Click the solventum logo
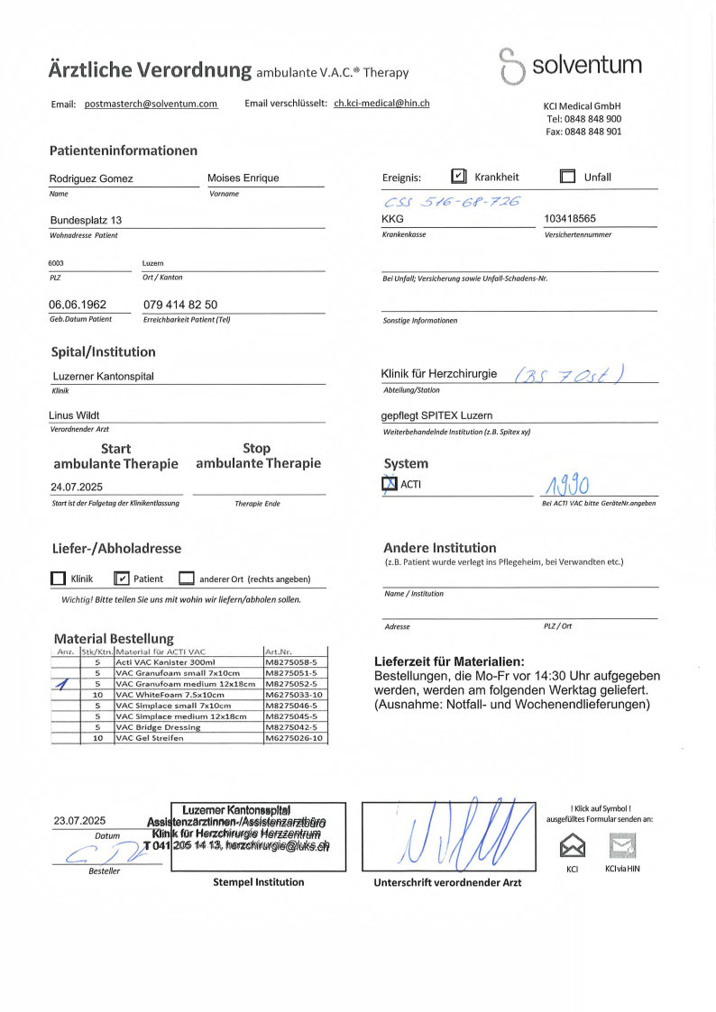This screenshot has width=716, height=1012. click(x=570, y=66)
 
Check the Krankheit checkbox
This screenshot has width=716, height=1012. click(x=458, y=177)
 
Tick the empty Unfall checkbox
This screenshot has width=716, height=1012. click(x=567, y=177)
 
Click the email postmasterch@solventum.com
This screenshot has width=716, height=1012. click(x=151, y=104)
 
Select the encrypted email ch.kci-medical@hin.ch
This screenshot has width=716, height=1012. click(x=381, y=103)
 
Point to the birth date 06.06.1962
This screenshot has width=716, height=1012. click(x=78, y=305)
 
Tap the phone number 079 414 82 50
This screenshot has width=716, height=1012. click(x=180, y=305)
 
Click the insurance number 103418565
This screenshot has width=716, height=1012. click(x=570, y=219)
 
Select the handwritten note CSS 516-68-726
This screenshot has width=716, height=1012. click(x=452, y=202)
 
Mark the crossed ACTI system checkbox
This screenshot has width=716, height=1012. click(x=390, y=485)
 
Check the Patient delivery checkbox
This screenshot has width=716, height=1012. click(x=123, y=579)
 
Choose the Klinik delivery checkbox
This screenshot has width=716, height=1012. click(x=59, y=579)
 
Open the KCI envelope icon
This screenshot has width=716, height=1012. click(x=573, y=846)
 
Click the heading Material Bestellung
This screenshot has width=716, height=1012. click(x=114, y=638)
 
